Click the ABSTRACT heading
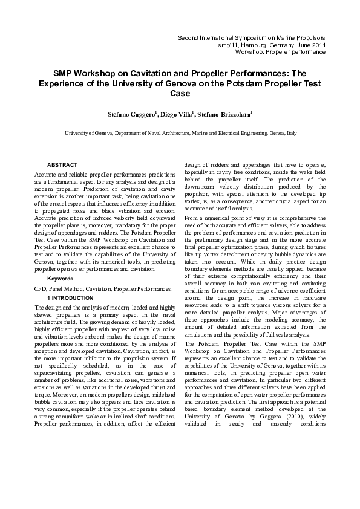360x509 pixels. pyautogui.click(x=62, y=164)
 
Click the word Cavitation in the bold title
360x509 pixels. pyautogui.click(x=154, y=72)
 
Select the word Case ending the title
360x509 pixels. pyautogui.click(x=180, y=94)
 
